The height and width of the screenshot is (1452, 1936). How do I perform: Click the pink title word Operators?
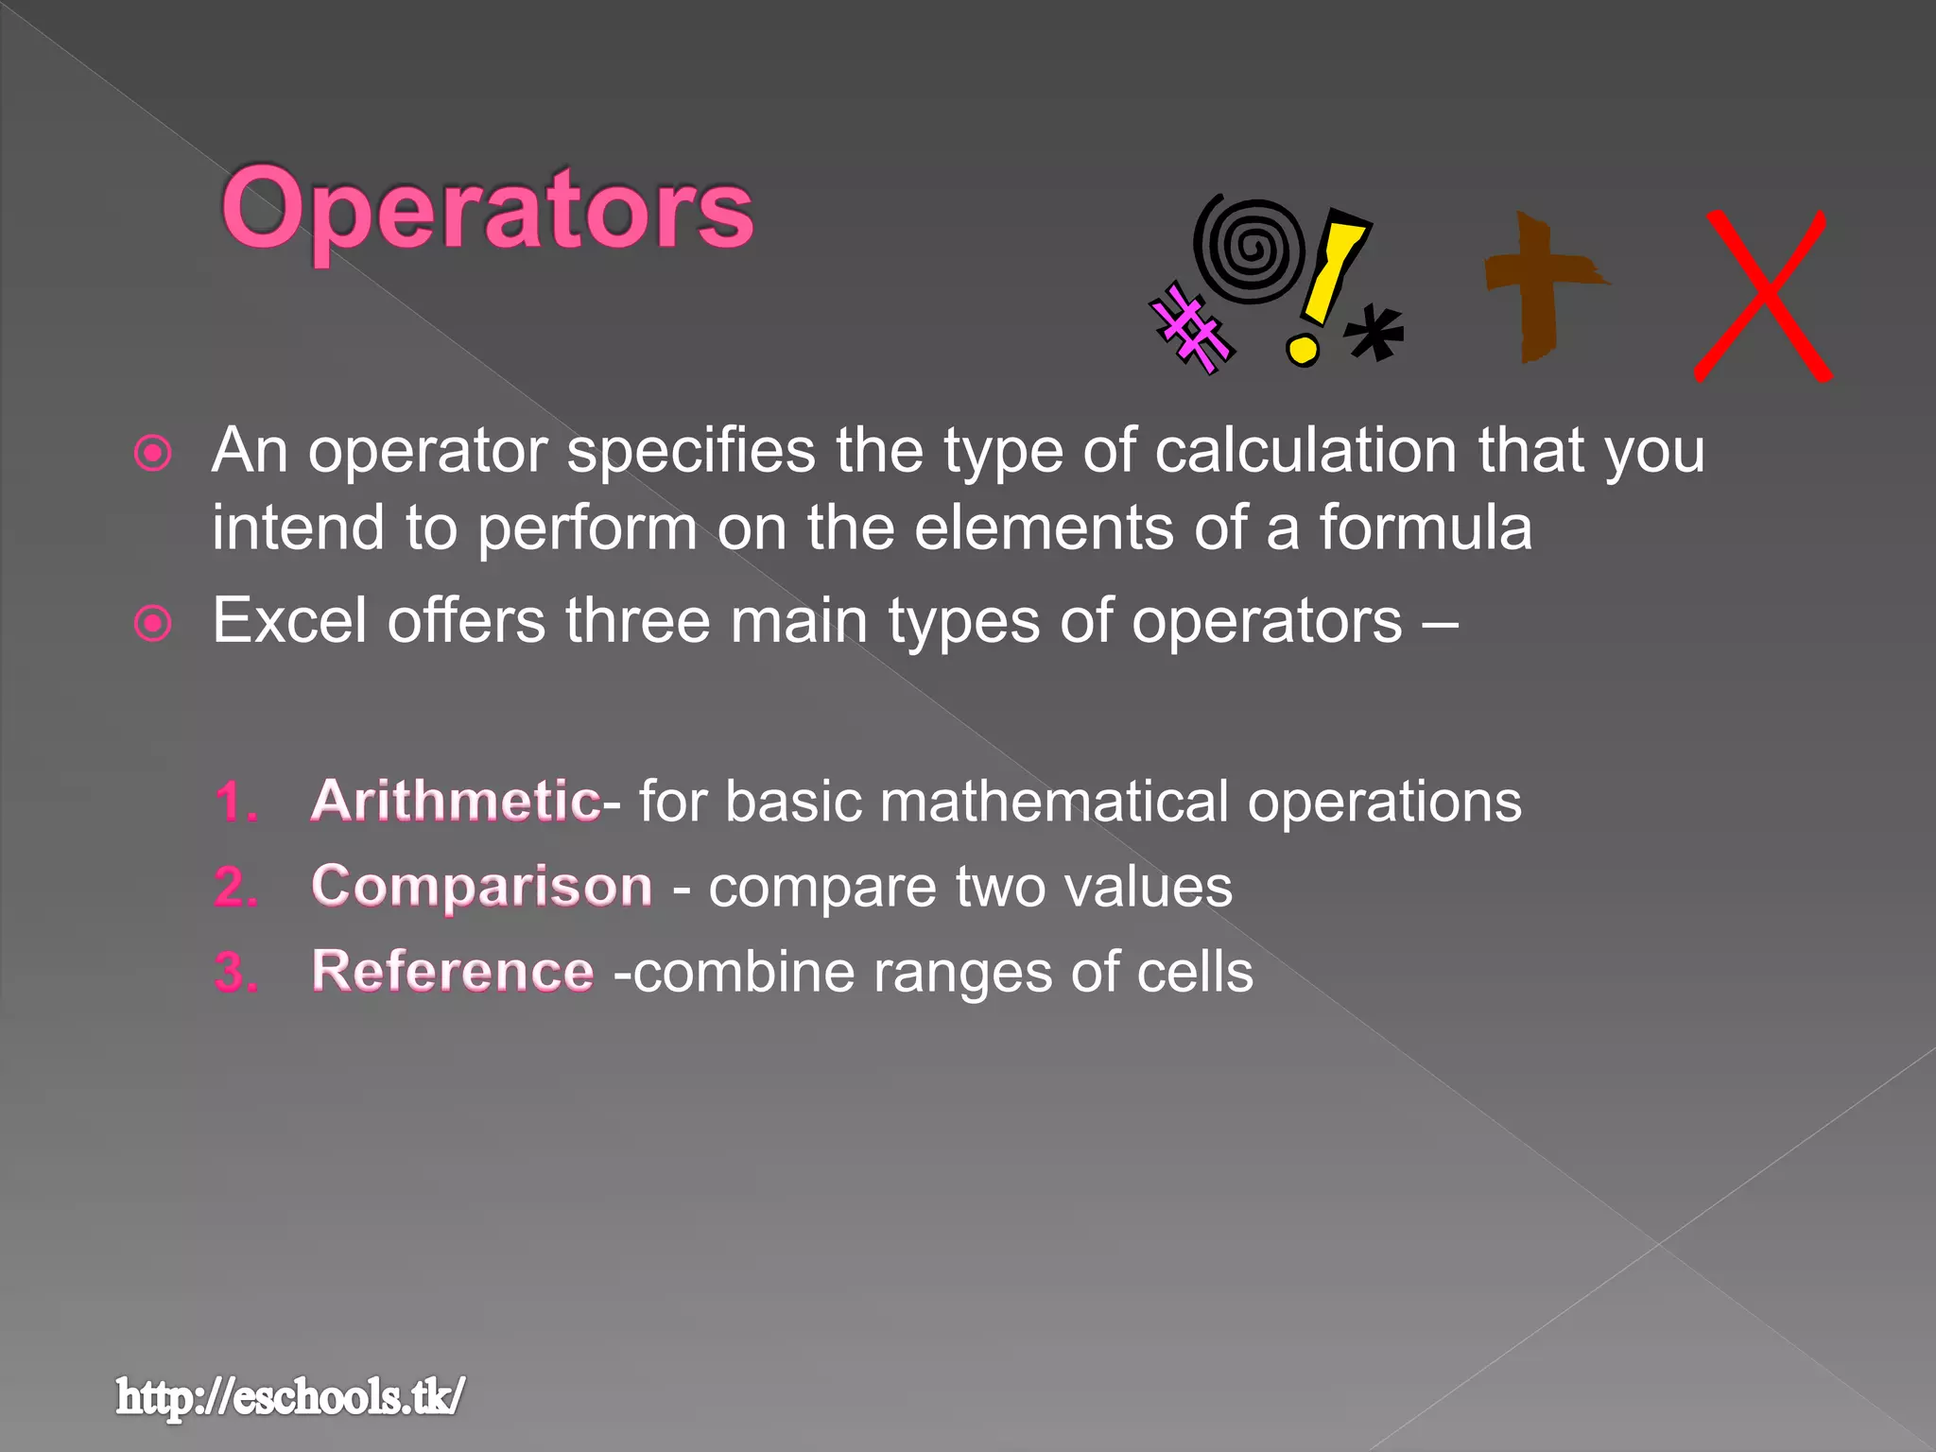point(487,210)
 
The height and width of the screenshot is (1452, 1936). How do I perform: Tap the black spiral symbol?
point(1250,251)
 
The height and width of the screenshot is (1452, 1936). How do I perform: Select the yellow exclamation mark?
point(1325,284)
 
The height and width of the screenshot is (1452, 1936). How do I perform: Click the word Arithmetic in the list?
point(456,801)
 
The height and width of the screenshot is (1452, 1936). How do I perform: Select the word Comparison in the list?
point(481,887)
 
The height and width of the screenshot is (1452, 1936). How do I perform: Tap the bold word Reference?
point(453,972)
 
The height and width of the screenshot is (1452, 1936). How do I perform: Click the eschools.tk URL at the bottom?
point(290,1397)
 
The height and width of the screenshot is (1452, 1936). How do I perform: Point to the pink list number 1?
point(235,803)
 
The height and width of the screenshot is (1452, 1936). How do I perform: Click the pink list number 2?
point(236,888)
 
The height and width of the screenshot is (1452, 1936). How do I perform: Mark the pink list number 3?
point(236,973)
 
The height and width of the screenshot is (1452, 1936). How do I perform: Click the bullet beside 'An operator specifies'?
point(153,454)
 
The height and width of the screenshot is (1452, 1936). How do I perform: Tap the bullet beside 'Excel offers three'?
point(153,624)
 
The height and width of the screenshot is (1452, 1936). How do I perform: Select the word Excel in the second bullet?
point(289,621)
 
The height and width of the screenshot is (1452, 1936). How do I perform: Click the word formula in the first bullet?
point(1426,527)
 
